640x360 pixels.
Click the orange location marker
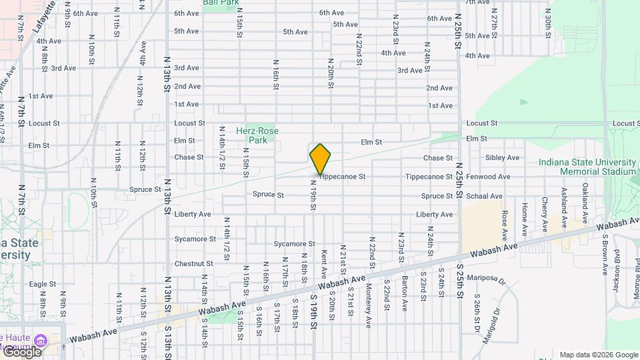(x=321, y=159)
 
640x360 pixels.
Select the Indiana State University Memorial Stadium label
(x=589, y=167)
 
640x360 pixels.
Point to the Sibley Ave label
(x=502, y=158)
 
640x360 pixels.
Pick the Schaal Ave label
(x=488, y=196)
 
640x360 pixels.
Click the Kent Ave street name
(x=324, y=264)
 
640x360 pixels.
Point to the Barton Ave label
(x=404, y=294)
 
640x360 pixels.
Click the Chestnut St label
(x=194, y=263)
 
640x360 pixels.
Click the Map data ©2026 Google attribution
(x=599, y=355)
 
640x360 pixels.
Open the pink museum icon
(x=44, y=340)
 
